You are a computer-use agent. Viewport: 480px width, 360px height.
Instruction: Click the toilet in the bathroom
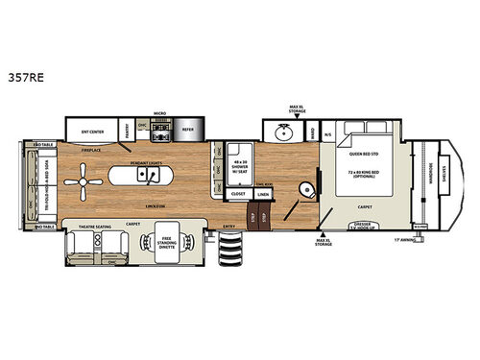tap(306, 188)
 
